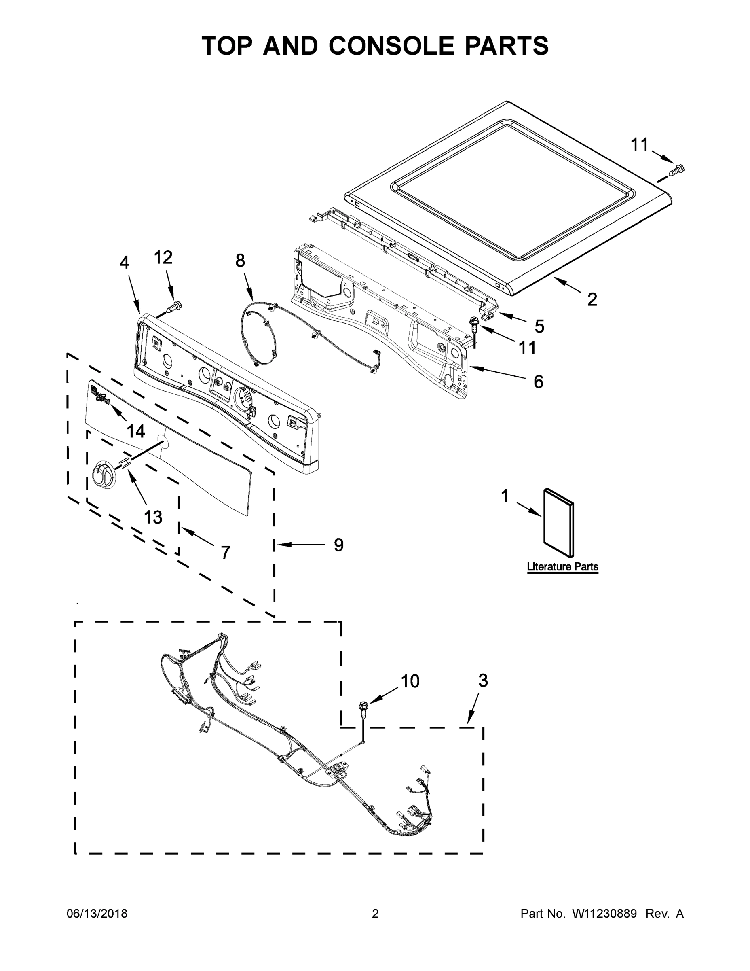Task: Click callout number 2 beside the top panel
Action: point(592,300)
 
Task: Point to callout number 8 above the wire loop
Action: point(240,261)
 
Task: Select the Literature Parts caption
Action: point(562,567)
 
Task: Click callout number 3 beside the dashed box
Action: point(483,681)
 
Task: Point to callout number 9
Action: point(338,545)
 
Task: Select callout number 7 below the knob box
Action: point(226,552)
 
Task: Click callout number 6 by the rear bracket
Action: point(538,382)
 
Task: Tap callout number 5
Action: point(539,326)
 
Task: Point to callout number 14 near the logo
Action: point(135,430)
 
